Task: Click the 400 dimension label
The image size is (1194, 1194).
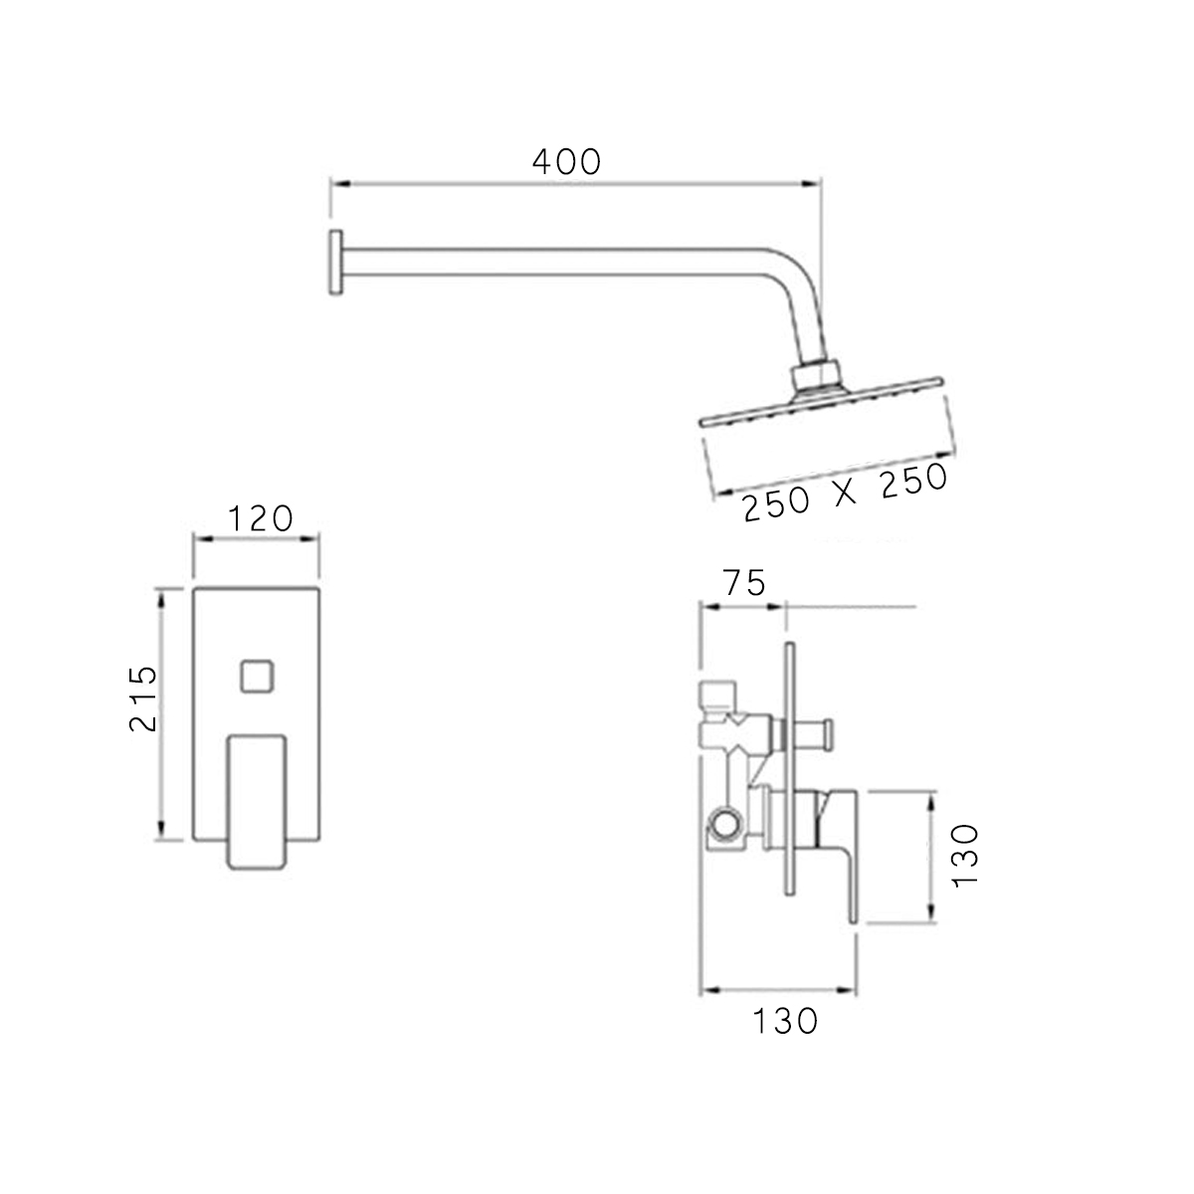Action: coord(566,162)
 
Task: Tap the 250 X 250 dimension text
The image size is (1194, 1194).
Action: coord(845,494)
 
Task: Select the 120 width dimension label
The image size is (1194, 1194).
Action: coord(261,518)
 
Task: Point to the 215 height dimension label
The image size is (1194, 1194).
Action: coord(143,698)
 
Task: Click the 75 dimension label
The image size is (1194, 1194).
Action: coord(744,582)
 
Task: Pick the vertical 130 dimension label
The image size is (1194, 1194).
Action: coord(965,856)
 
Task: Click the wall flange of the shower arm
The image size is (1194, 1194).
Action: coord(336,263)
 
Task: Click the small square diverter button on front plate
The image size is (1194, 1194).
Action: coord(257,676)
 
